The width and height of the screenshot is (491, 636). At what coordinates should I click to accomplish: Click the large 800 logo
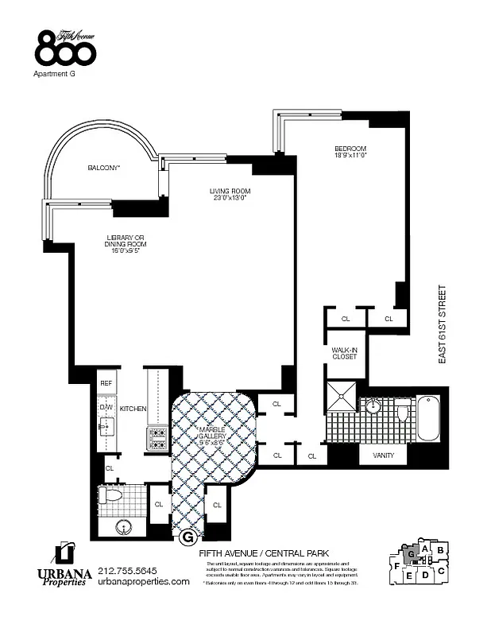pos(65,50)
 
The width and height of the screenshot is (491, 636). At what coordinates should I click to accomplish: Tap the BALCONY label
pos(103,168)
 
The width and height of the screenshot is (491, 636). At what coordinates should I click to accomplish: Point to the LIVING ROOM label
pos(230,194)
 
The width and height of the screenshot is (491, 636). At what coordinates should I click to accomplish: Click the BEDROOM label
pos(350,152)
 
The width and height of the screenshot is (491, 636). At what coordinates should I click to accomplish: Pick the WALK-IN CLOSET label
pos(344,353)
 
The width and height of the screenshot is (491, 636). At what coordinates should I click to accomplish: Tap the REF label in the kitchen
pos(106,383)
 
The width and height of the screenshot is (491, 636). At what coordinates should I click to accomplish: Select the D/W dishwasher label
pos(106,408)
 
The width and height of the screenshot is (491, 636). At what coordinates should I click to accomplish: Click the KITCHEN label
pos(133,409)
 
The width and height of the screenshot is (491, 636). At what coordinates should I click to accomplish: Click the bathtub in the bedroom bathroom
pos(427,417)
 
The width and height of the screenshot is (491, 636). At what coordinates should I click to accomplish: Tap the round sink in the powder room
pos(124,525)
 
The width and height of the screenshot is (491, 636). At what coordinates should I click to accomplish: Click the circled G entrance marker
pos(188,537)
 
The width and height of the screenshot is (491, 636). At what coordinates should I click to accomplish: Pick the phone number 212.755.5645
pos(128,570)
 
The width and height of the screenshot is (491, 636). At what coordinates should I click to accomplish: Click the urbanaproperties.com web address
pos(144,582)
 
